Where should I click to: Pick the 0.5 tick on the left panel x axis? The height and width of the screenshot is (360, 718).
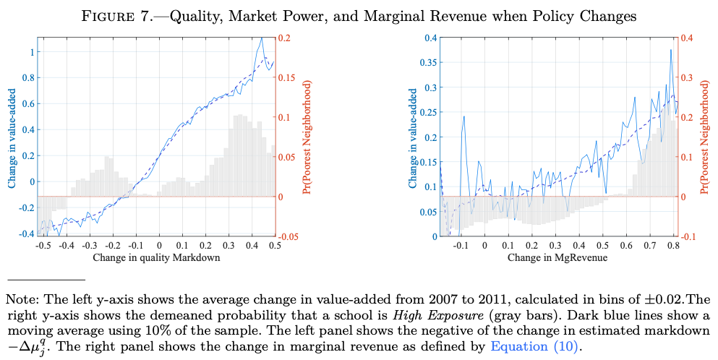pyautogui.click(x=275, y=246)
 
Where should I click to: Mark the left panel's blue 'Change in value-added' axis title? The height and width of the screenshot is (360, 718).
pyautogui.click(x=12, y=137)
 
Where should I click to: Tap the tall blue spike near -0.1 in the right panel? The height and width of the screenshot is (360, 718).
pyautogui.click(x=463, y=116)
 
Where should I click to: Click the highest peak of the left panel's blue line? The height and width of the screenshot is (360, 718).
pyautogui.click(x=261, y=39)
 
